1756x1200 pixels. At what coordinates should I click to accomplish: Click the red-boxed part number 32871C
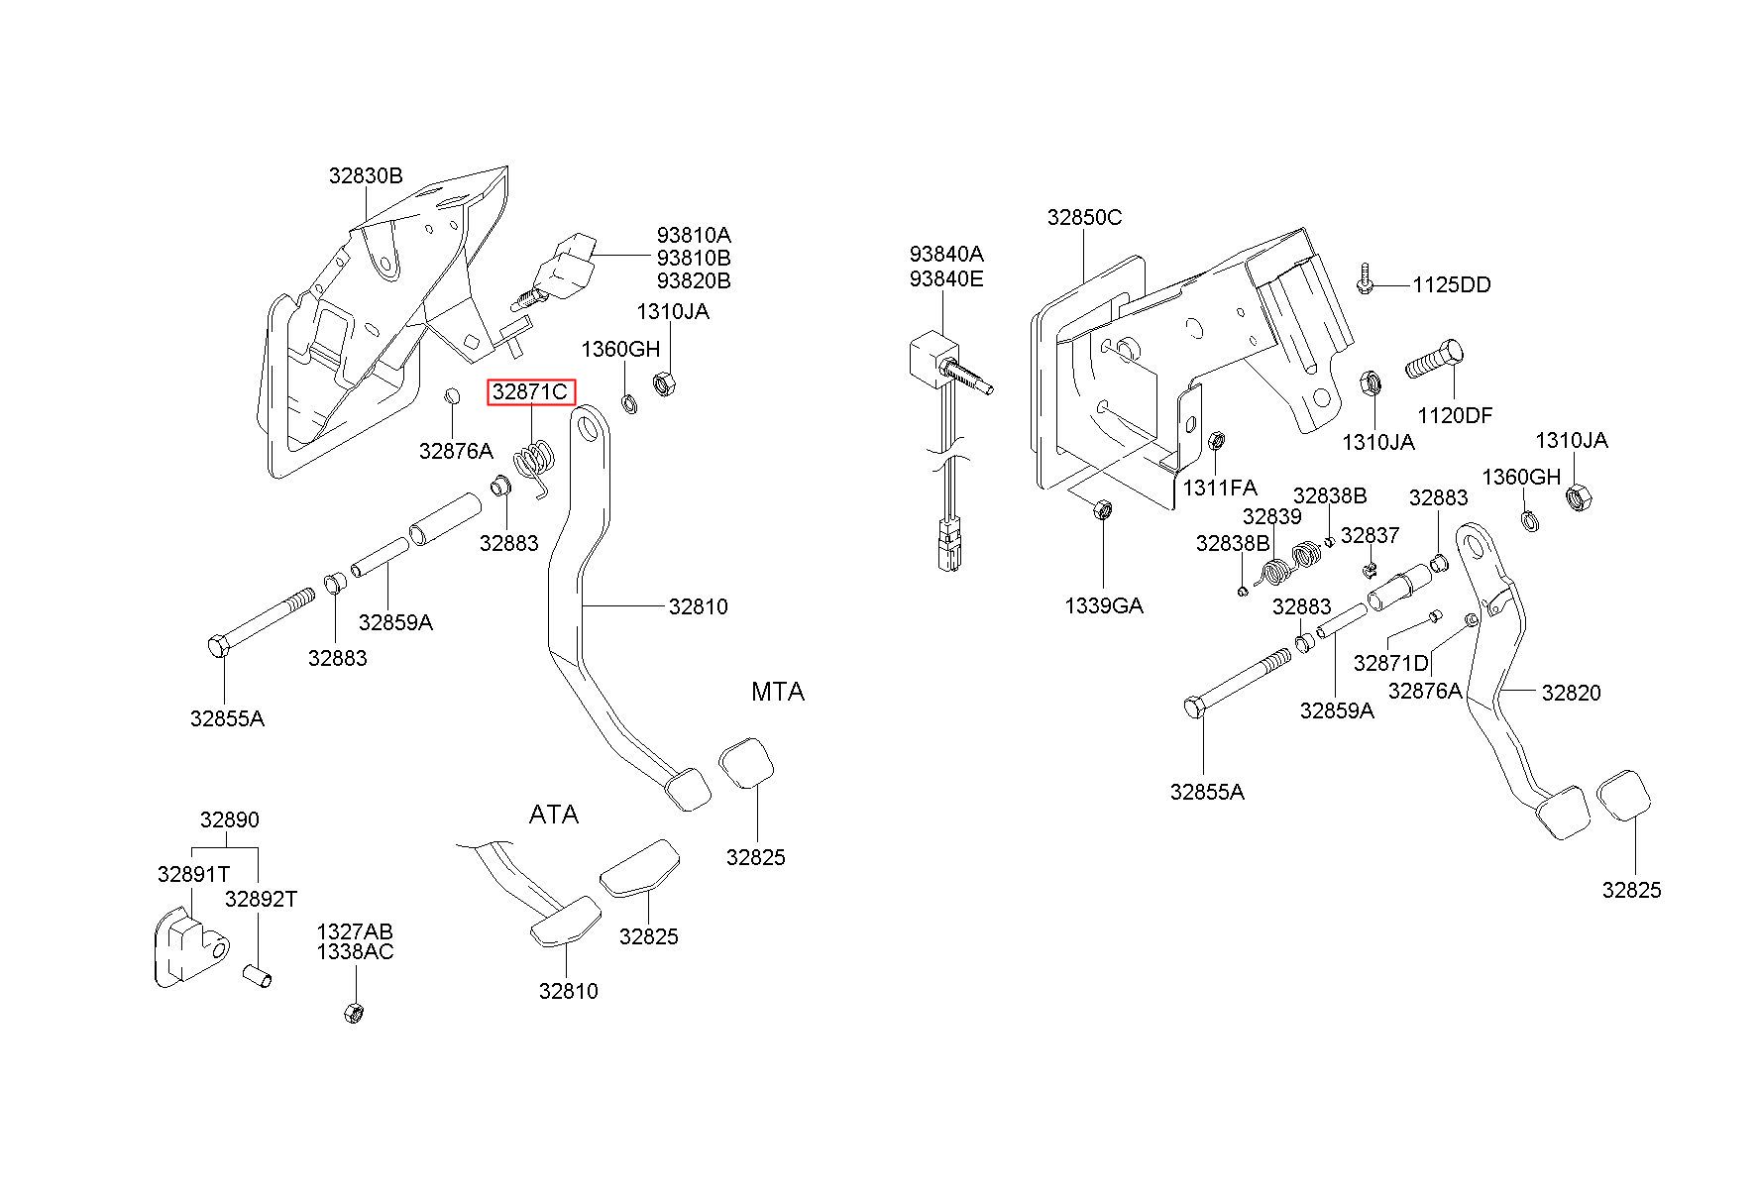[x=530, y=392]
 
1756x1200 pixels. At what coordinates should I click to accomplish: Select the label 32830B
[x=366, y=176]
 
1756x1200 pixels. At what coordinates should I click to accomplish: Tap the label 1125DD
[x=1451, y=285]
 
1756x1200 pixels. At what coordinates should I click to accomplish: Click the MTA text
[x=778, y=692]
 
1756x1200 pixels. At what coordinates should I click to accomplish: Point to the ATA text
[x=554, y=815]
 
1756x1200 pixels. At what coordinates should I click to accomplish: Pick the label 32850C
[x=1084, y=217]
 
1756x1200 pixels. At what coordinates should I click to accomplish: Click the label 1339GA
[x=1104, y=605]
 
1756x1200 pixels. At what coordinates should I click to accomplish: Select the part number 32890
[x=229, y=820]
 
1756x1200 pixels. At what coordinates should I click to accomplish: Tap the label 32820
[x=1571, y=693]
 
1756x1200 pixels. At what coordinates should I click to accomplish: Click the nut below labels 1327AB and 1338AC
[x=353, y=1013]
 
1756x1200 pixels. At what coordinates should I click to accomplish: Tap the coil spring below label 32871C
[x=535, y=466]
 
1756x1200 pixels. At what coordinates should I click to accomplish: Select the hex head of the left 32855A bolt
[x=219, y=646]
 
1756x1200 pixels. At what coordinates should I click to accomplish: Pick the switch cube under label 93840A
[x=934, y=358]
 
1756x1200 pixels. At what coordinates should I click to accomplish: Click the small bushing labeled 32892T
[x=258, y=977]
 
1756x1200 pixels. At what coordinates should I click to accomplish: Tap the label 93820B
[x=694, y=281]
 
